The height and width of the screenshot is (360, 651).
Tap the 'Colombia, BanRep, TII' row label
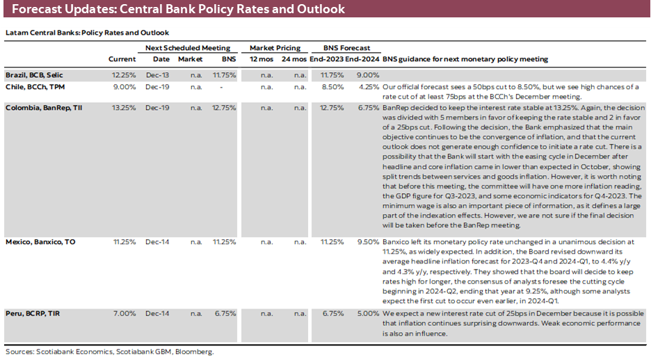point(42,107)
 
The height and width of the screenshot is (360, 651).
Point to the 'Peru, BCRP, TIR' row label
point(32,313)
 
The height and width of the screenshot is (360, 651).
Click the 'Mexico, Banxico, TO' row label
point(40,242)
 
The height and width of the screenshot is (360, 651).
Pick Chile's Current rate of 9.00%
point(124,87)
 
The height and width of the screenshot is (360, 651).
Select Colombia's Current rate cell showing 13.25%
point(122,107)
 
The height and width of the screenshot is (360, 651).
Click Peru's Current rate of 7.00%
point(124,313)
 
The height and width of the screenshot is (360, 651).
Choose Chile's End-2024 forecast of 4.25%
point(367,87)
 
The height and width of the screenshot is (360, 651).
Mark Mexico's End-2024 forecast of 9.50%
point(367,242)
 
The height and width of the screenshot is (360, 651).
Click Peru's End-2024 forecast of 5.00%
point(367,313)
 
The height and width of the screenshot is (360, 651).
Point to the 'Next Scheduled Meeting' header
point(187,48)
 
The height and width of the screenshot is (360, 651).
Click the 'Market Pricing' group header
point(275,48)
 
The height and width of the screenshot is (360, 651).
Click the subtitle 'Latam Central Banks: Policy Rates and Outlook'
point(87,33)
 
